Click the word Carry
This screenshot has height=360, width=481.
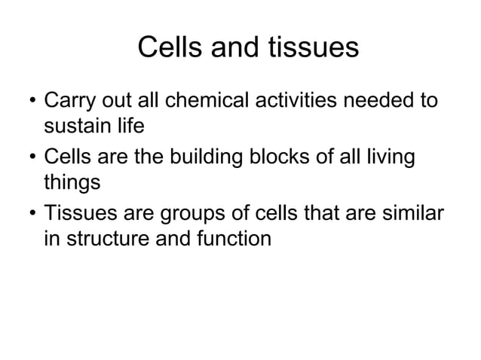[70, 102]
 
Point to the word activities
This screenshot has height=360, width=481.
[301, 101]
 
